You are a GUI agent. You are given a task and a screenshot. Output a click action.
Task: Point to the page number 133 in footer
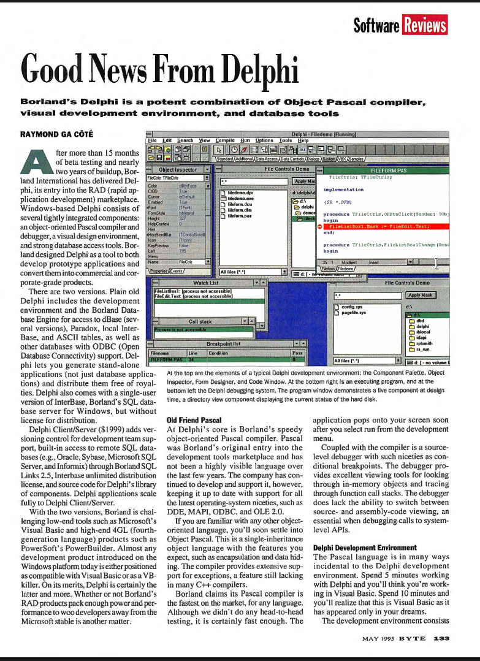441,638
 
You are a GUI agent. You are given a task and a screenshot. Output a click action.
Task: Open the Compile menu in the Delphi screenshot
225,140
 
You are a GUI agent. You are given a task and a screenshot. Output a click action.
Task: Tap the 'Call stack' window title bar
200,321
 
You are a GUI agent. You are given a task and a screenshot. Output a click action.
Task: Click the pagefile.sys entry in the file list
354,313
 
